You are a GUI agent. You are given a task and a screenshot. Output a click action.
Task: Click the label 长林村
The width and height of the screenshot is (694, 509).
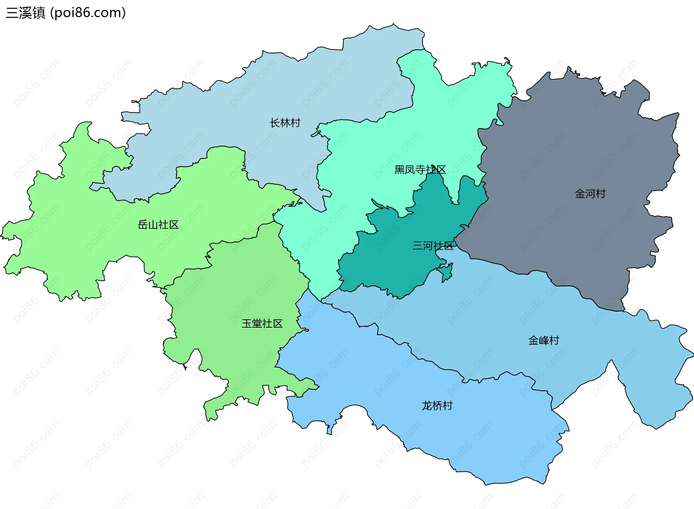pyautogui.click(x=285, y=123)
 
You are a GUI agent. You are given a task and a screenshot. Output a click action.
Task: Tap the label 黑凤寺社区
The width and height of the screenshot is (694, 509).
pyautogui.click(x=420, y=169)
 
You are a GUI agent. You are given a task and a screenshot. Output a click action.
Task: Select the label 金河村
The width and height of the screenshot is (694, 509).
pyautogui.click(x=590, y=194)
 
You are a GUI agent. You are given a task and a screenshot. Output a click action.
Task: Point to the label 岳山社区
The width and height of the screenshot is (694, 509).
pyautogui.click(x=158, y=225)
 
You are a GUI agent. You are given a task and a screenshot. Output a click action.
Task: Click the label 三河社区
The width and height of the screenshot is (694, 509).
pyautogui.click(x=433, y=246)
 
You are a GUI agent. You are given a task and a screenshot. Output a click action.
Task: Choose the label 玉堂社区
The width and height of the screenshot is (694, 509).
pyautogui.click(x=262, y=323)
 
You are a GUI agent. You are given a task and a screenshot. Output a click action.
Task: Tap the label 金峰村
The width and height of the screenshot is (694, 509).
pyautogui.click(x=543, y=340)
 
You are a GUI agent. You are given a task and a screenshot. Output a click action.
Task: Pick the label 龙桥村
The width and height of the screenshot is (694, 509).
pyautogui.click(x=437, y=406)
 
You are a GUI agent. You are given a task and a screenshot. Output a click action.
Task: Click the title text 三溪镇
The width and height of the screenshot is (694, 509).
pyautogui.click(x=25, y=13)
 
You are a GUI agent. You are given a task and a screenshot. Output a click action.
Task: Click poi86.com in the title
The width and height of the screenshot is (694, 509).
pyautogui.click(x=88, y=13)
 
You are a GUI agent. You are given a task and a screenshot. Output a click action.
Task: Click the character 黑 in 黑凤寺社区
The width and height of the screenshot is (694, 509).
pyautogui.click(x=399, y=169)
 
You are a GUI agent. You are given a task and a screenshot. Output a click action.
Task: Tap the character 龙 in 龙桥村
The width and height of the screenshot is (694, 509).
pyautogui.click(x=427, y=406)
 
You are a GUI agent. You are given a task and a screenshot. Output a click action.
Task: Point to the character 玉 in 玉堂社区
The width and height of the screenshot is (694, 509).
pyautogui.click(x=247, y=323)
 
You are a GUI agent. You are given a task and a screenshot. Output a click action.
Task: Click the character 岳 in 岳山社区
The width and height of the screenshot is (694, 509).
pyautogui.click(x=143, y=225)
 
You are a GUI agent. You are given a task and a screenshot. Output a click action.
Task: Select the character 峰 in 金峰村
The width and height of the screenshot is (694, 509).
pyautogui.click(x=543, y=340)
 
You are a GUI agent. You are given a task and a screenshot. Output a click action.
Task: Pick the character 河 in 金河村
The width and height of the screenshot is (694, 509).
pyautogui.click(x=590, y=194)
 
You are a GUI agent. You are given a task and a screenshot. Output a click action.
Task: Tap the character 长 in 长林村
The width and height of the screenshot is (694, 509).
pyautogui.click(x=275, y=123)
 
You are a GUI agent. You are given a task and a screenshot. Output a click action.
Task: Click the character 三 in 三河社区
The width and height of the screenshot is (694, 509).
pyautogui.click(x=417, y=246)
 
